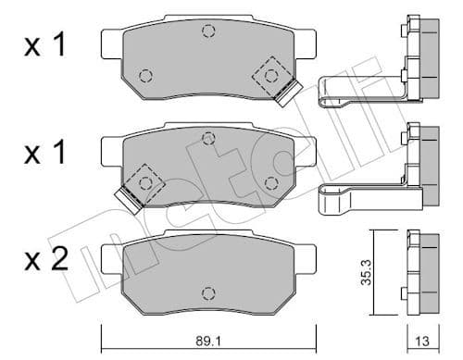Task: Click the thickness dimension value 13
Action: tap(422, 341)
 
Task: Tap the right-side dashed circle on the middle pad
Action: tap(272, 180)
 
